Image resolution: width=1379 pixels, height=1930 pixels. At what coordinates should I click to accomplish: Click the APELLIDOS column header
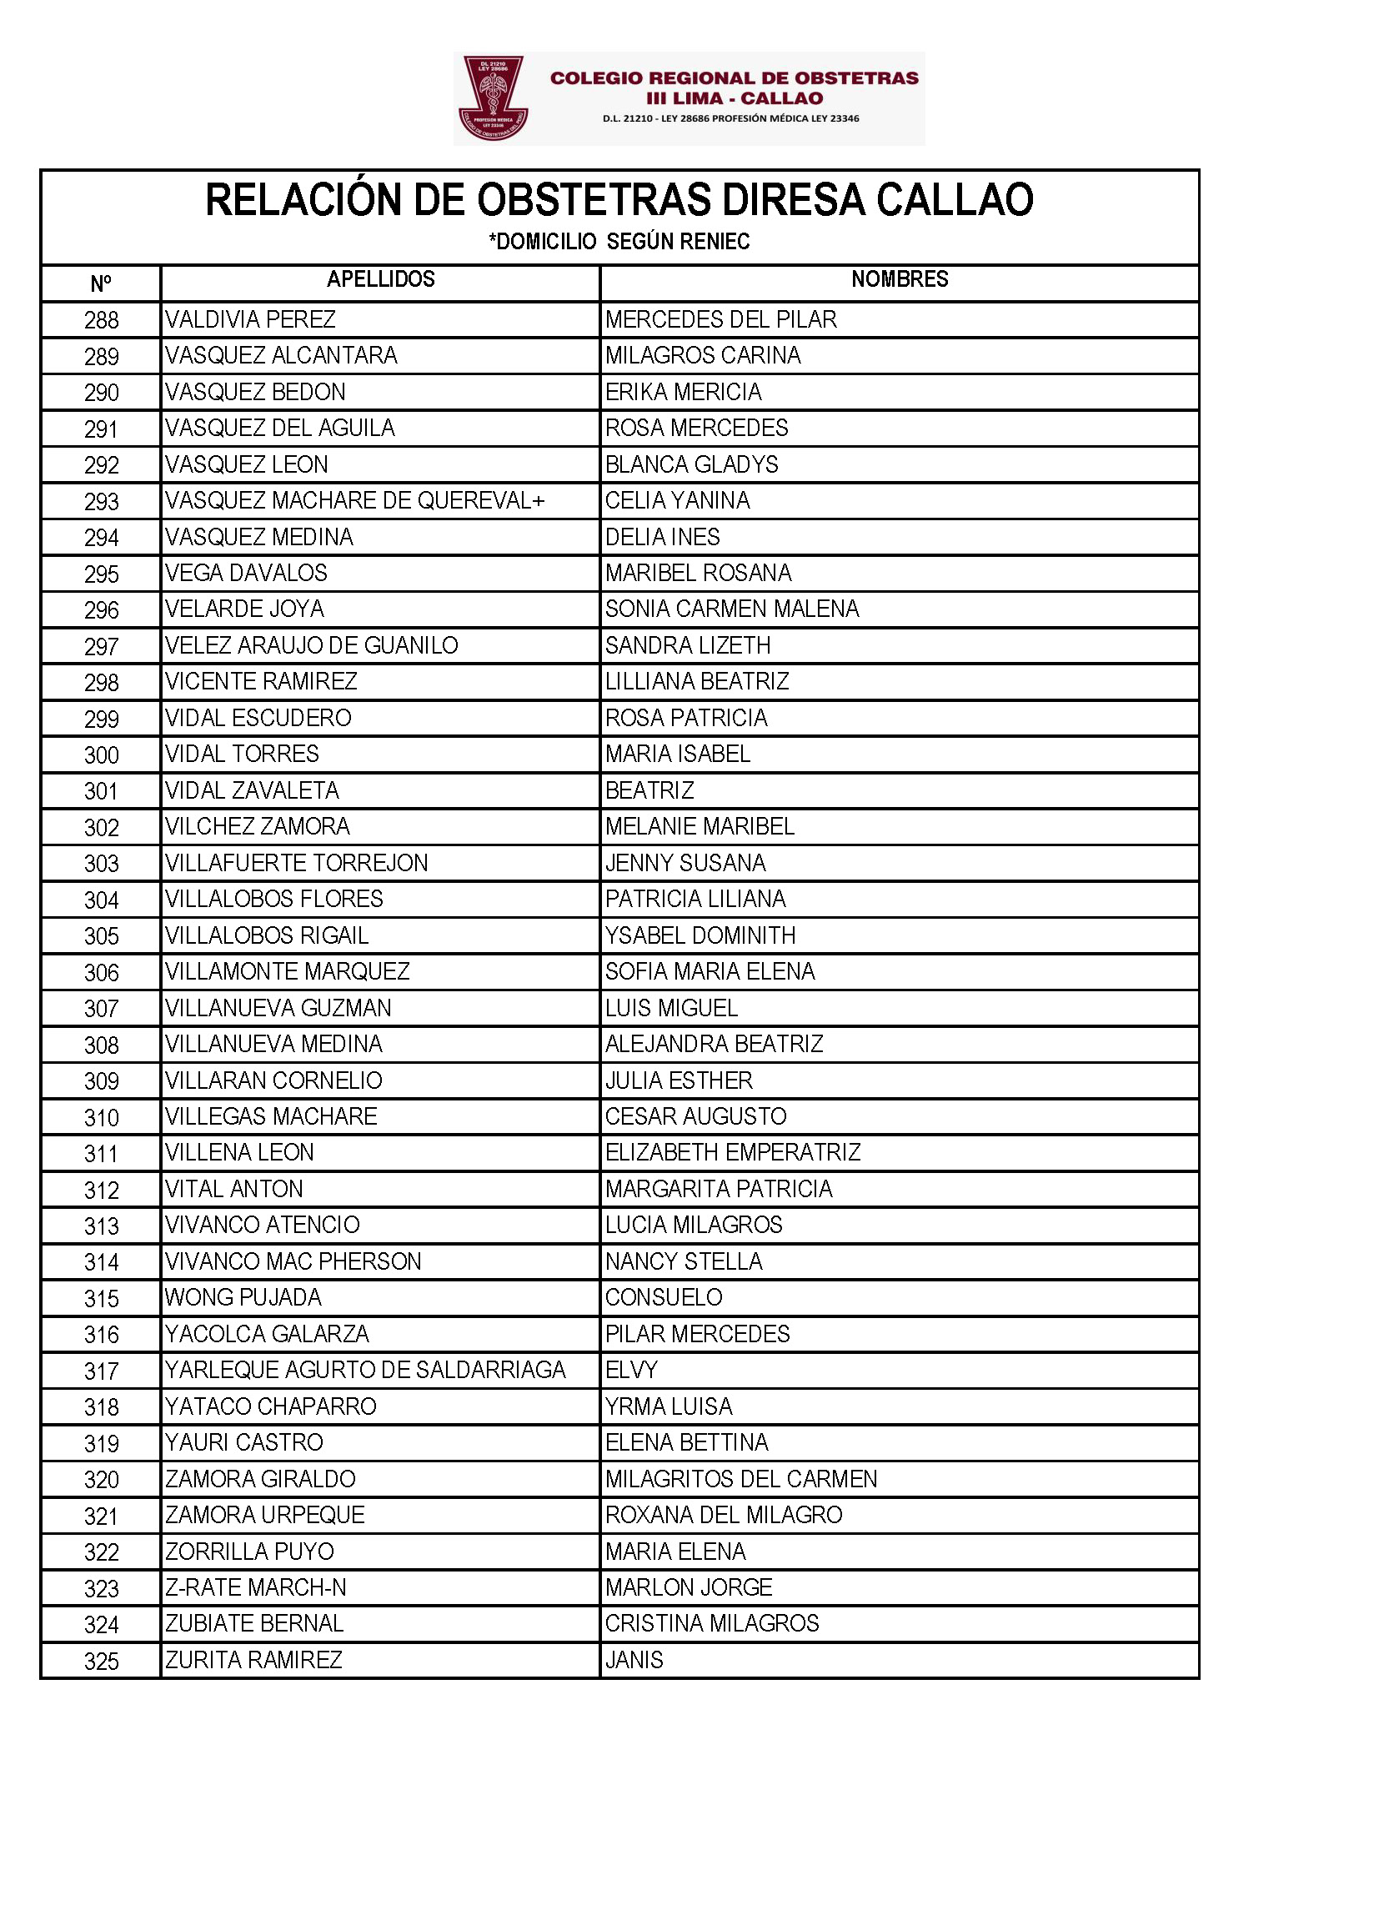tap(380, 279)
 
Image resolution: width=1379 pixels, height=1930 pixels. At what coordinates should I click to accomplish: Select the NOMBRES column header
tap(900, 279)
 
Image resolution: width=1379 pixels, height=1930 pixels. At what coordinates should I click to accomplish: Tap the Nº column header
tap(100, 283)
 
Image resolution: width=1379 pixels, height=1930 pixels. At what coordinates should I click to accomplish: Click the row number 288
tap(101, 320)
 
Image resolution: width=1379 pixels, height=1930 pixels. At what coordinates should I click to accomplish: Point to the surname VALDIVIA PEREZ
tap(250, 319)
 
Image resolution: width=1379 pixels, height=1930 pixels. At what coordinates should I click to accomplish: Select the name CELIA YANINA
tap(677, 501)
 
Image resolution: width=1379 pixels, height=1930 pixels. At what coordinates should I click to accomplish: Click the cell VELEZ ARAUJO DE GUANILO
tap(312, 645)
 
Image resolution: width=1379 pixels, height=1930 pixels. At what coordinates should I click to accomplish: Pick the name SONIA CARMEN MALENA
tap(732, 609)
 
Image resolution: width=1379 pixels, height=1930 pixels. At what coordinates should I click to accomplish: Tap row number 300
tap(101, 754)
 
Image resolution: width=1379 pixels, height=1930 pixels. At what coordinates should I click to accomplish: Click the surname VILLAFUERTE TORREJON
tap(296, 863)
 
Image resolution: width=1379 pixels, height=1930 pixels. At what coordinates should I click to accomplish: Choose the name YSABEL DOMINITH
tap(700, 935)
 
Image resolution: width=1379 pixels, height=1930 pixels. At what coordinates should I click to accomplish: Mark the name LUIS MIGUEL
tap(672, 1008)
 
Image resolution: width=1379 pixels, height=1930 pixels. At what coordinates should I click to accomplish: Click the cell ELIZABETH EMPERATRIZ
tap(733, 1152)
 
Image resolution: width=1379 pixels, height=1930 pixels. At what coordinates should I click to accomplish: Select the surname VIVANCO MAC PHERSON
tap(293, 1261)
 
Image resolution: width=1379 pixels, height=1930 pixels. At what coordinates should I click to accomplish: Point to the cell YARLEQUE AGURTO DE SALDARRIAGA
tap(365, 1370)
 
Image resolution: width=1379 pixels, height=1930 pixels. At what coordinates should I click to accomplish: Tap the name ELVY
tap(632, 1370)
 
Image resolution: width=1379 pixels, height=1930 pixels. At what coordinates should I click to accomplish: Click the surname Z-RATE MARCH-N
tap(256, 1587)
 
